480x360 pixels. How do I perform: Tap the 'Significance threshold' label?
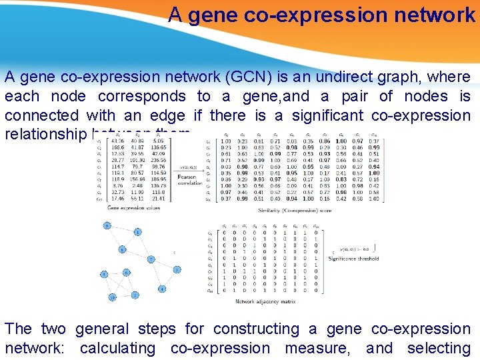coord(354,259)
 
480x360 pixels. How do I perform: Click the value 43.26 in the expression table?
coord(117,141)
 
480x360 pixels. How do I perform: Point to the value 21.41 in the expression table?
coord(159,199)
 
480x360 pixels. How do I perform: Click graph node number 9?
coord(107,225)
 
